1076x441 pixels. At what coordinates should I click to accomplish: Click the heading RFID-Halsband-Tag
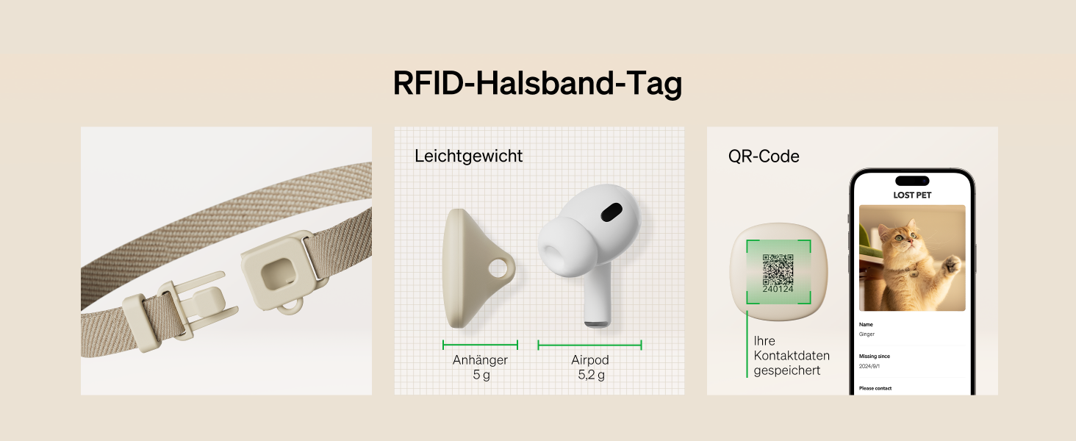click(537, 83)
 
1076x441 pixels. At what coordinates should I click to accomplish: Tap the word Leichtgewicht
click(468, 156)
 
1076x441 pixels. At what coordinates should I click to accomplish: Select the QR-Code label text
click(764, 156)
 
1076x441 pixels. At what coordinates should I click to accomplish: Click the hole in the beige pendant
click(499, 270)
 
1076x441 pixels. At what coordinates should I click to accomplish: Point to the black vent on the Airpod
click(611, 213)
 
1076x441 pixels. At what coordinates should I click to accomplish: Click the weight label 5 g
click(481, 375)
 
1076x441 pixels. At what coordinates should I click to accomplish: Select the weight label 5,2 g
click(591, 375)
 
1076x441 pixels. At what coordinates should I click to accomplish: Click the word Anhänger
click(480, 360)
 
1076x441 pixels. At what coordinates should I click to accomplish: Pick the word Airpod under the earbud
click(590, 360)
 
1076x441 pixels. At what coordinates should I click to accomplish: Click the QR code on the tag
click(778, 270)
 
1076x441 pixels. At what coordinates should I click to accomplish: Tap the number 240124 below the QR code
click(778, 290)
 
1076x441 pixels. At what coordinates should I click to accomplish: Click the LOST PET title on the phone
click(911, 195)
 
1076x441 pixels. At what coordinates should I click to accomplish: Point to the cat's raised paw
click(951, 263)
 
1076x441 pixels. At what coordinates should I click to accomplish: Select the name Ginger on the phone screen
click(867, 334)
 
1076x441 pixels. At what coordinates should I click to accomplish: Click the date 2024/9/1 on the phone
click(870, 366)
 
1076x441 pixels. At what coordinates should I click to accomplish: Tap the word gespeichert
click(786, 370)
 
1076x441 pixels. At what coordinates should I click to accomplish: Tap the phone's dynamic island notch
click(911, 181)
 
